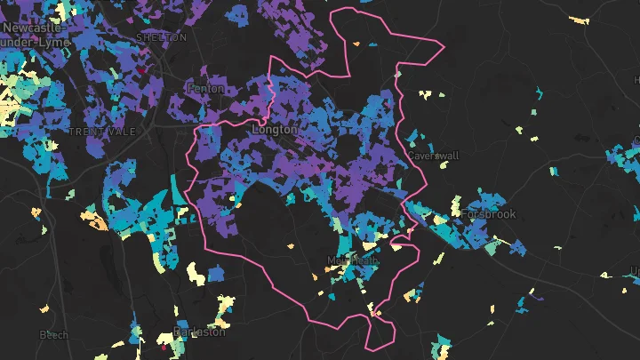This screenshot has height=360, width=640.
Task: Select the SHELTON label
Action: click(x=162, y=38)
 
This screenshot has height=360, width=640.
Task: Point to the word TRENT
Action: click(x=87, y=132)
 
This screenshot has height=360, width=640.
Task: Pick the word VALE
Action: click(x=123, y=132)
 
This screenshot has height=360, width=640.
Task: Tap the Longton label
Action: click(x=275, y=130)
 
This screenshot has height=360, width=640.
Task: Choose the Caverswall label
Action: click(x=433, y=156)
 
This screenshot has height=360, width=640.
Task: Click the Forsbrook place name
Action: click(x=490, y=214)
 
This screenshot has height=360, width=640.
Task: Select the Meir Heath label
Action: click(x=353, y=260)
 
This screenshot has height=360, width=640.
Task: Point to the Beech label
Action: click(x=53, y=335)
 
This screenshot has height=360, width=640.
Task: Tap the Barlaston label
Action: click(x=200, y=332)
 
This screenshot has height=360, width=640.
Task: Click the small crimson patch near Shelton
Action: click(x=140, y=70)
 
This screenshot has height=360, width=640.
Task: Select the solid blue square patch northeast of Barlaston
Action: click(x=216, y=273)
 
